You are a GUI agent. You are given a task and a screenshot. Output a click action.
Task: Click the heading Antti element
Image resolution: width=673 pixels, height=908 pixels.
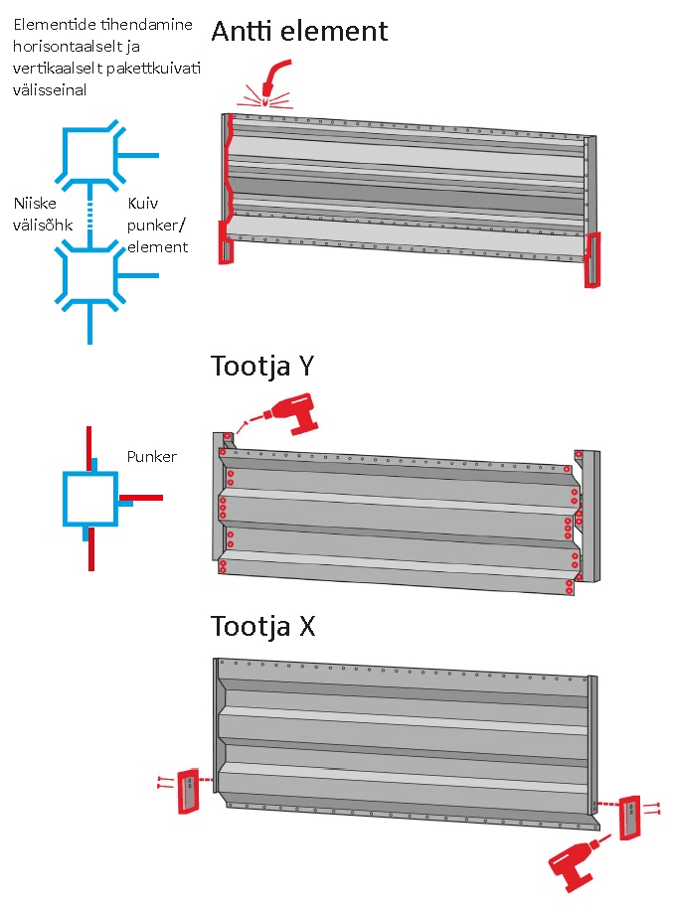click(299, 31)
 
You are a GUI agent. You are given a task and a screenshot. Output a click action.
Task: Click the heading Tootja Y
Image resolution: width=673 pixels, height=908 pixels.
click(262, 366)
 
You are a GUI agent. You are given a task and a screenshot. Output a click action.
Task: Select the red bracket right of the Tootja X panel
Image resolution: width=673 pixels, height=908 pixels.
click(628, 817)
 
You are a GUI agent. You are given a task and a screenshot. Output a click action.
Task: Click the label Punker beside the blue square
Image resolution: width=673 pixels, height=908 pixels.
click(151, 457)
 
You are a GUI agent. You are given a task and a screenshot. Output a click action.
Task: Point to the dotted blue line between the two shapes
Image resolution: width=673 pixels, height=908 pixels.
click(90, 214)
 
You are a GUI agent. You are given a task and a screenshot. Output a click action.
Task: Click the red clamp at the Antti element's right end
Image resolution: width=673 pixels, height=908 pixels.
click(593, 260)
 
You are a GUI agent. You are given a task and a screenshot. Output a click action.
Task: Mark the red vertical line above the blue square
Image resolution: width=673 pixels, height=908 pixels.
click(90, 443)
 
